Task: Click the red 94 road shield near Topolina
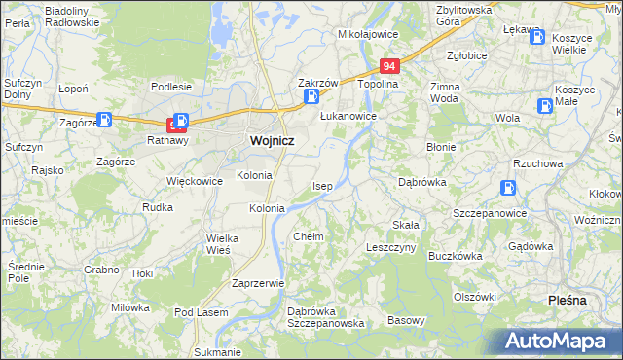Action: pyautogui.click(x=389, y=66)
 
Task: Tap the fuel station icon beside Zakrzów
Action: pyautogui.click(x=311, y=97)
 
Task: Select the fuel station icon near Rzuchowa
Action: pyautogui.click(x=507, y=188)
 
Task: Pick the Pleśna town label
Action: pyautogui.click(x=568, y=300)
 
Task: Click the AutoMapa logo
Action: pyautogui.click(x=558, y=342)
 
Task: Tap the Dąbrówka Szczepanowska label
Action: pyautogui.click(x=325, y=317)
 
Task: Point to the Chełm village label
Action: pyautogui.click(x=308, y=236)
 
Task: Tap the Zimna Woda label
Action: pyautogui.click(x=444, y=92)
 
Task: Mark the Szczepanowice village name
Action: pyautogui.click(x=490, y=213)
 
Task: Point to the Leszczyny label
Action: pyautogui.click(x=391, y=248)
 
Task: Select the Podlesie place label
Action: pyautogui.click(x=170, y=87)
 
